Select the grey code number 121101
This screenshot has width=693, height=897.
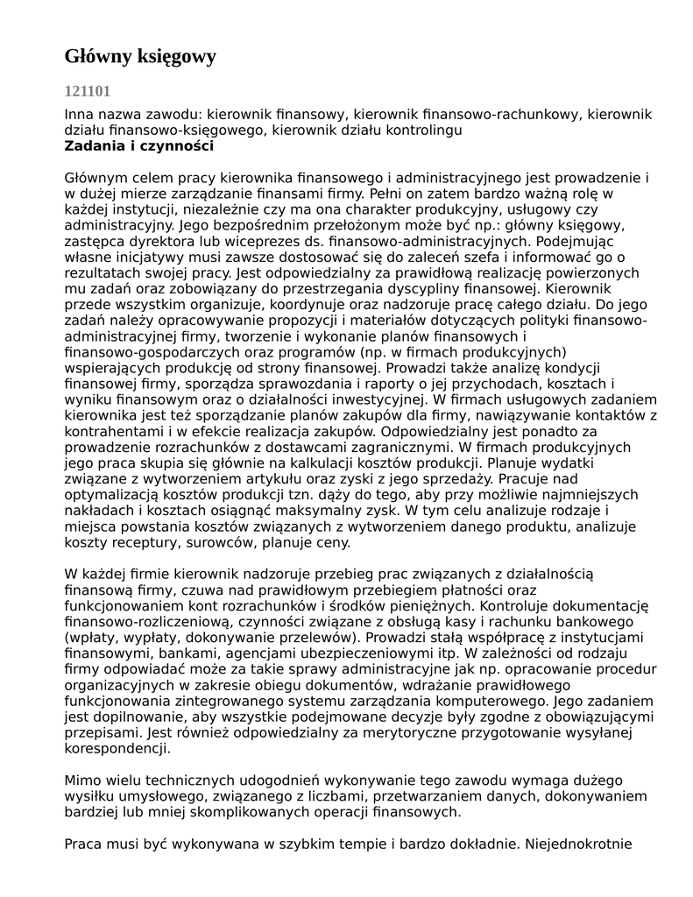pyautogui.click(x=88, y=90)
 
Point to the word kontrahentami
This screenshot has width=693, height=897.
pyautogui.click(x=108, y=430)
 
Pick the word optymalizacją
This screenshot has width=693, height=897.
pyautogui.click(x=111, y=493)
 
